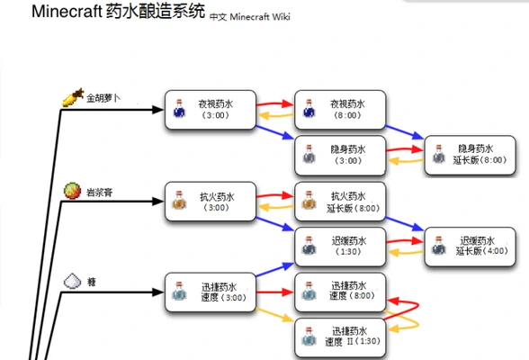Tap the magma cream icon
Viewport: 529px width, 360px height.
(x=72, y=190)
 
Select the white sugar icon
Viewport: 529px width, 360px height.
(x=72, y=282)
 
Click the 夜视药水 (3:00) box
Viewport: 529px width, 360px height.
(x=211, y=109)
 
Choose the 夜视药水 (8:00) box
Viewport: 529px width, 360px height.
(x=341, y=109)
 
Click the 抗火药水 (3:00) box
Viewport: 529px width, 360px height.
(x=211, y=202)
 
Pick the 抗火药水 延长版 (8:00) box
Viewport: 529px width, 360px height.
(x=341, y=201)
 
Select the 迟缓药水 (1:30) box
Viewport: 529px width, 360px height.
(x=341, y=246)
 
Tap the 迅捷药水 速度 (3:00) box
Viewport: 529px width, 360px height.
(x=211, y=292)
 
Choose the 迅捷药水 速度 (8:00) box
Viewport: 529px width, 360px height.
(x=341, y=292)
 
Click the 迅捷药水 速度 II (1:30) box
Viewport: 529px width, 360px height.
(x=341, y=337)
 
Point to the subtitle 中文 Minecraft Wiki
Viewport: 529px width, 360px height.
(x=250, y=16)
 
